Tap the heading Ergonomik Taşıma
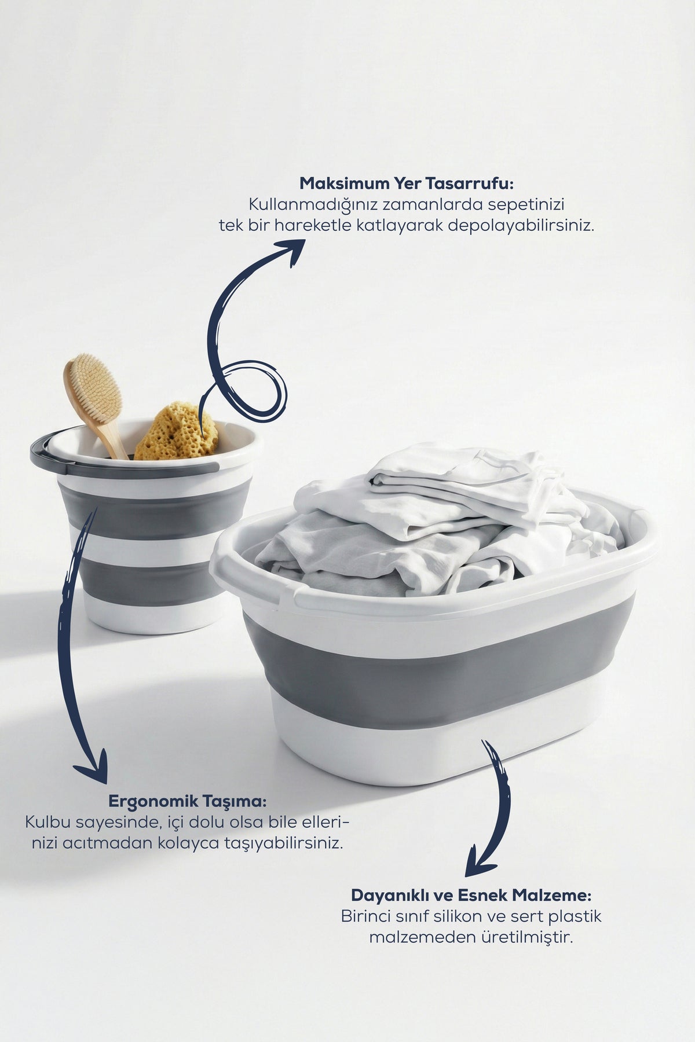[188, 802]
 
